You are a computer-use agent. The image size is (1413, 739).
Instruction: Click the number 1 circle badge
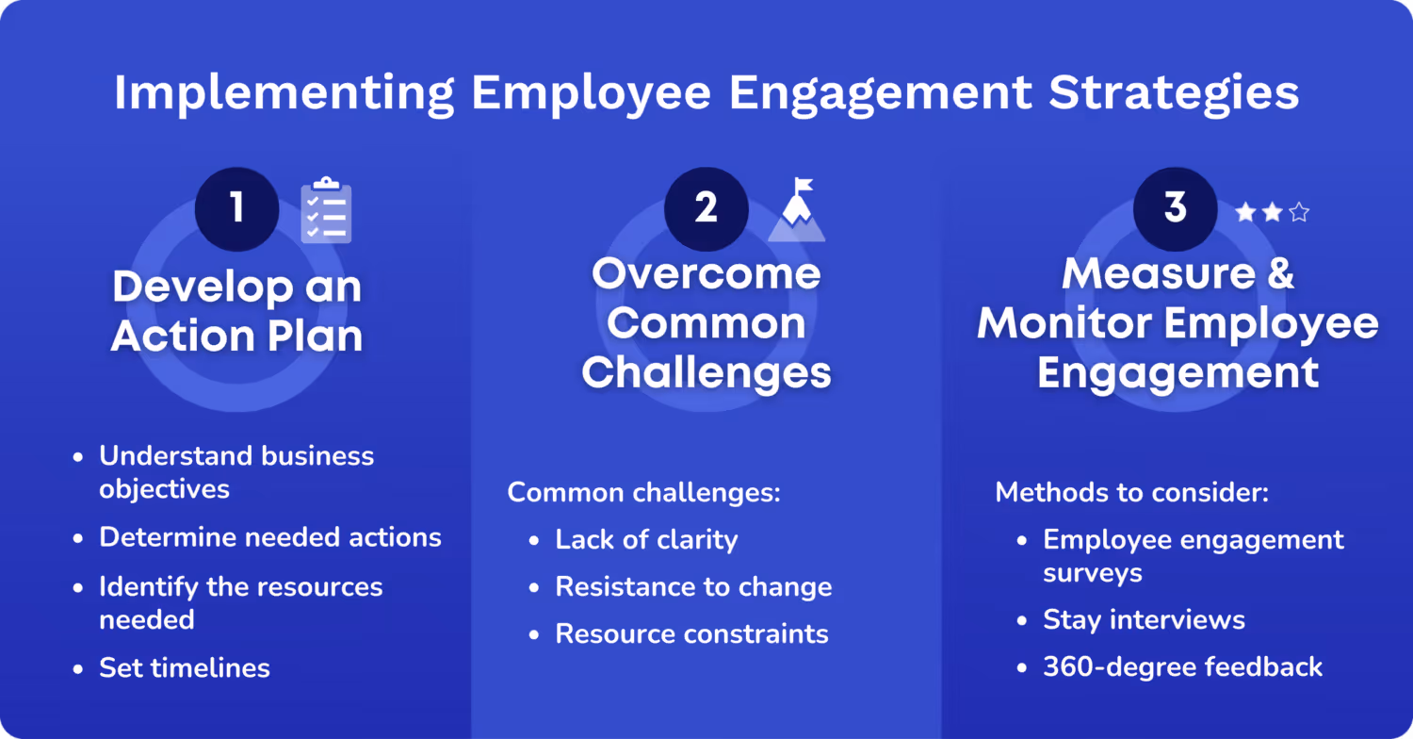[236, 208]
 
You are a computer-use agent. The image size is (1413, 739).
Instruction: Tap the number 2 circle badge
[706, 208]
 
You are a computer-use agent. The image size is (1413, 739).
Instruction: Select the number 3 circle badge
[1175, 208]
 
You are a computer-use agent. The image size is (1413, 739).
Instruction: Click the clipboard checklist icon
[326, 210]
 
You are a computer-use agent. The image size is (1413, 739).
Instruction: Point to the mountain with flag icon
[797, 211]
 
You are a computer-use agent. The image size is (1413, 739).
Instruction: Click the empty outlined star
[1299, 213]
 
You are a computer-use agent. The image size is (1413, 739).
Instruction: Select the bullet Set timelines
[185, 668]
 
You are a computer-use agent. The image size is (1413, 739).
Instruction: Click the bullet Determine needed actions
[270, 537]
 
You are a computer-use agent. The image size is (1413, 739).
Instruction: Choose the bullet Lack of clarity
[646, 539]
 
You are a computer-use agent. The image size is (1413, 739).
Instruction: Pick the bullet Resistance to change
[693, 586]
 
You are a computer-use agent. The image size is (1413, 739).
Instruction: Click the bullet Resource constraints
[691, 633]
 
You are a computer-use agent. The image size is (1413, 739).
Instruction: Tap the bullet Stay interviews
[1144, 619]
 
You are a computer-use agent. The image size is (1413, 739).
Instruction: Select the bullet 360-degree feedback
[1182, 667]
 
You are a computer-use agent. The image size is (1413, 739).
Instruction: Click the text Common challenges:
[644, 492]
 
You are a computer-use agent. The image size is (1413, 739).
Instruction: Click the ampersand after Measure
[1279, 274]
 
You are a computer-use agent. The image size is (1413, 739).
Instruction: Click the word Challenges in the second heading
[706, 372]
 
